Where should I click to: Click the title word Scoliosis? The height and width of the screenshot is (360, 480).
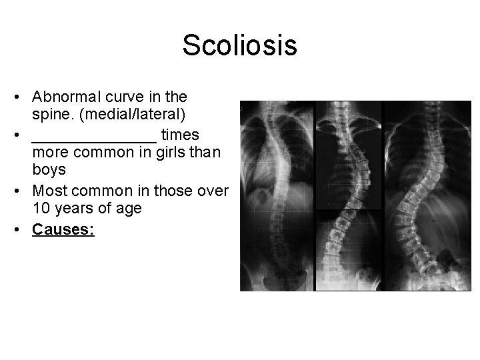pos(239,46)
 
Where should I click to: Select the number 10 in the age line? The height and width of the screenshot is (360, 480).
pos(40,208)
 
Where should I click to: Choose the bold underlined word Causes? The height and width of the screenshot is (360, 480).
pos(63,230)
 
